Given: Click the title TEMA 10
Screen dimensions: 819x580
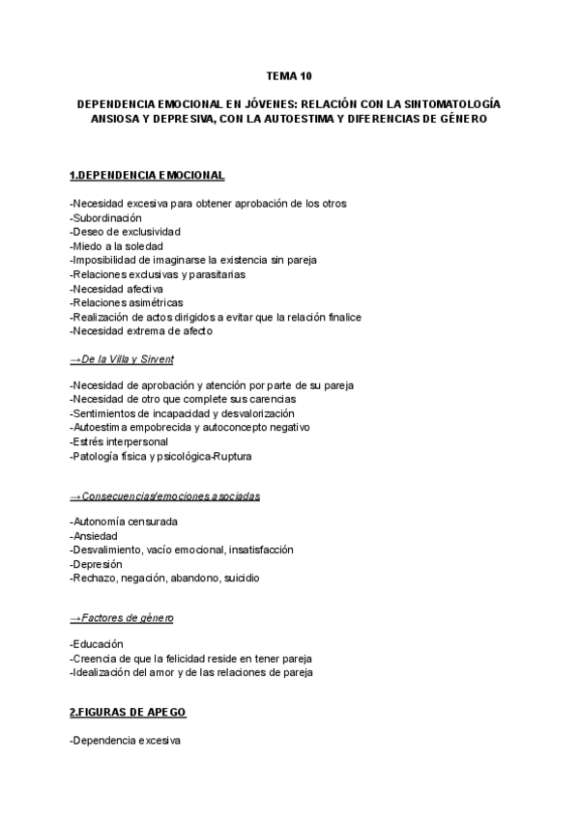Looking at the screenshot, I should [289, 75].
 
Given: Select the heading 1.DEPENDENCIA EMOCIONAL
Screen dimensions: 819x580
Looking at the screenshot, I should [147, 175].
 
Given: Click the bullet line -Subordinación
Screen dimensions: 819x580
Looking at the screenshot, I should [106, 217].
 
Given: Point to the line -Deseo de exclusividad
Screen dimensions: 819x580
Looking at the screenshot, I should [126, 232].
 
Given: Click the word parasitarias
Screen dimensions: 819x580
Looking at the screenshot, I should [217, 274].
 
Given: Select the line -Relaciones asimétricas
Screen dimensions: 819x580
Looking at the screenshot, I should [127, 302].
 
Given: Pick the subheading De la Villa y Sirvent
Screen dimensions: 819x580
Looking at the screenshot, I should [122, 359].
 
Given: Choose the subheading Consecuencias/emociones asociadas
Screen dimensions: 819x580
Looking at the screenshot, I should [165, 496].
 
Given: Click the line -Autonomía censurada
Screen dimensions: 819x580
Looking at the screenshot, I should [124, 522].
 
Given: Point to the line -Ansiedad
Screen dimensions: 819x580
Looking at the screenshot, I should [95, 535].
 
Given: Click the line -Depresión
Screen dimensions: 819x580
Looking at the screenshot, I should [97, 564].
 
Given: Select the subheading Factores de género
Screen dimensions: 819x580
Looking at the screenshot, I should [122, 618].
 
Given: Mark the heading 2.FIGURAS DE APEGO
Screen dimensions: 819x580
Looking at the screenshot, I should [128, 713].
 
